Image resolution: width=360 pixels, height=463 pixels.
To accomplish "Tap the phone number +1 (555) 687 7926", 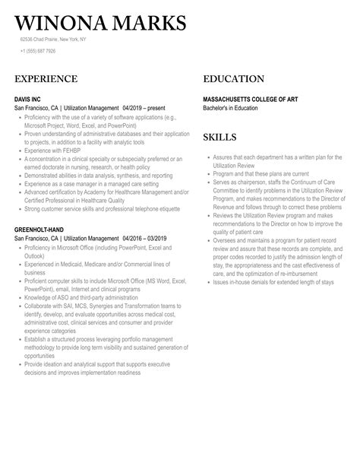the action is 38,51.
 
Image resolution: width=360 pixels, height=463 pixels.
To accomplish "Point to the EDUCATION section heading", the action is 234,79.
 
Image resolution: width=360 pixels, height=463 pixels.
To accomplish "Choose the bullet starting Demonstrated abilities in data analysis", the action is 99,176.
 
